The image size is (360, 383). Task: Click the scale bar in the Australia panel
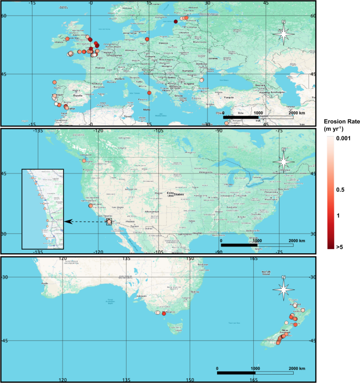(255, 373)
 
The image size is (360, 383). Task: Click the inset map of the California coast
(42, 209)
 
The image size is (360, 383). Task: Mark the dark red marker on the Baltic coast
(176, 22)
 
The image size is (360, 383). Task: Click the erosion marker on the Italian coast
(149, 93)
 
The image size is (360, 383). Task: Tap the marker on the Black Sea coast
(201, 80)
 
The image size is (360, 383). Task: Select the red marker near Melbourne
(164, 314)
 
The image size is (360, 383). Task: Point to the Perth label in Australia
(45, 284)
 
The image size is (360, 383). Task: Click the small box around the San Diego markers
(109, 222)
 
